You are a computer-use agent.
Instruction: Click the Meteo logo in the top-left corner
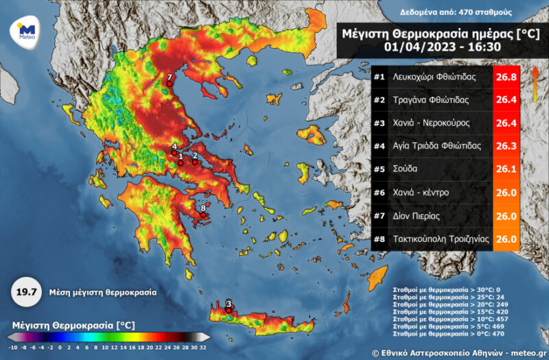pos(27,31)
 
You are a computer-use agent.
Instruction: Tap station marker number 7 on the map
pos(169,84)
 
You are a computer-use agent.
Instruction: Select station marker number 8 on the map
pos(203,215)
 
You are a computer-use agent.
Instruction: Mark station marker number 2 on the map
pos(195,163)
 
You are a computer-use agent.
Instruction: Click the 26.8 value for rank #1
pos(506,77)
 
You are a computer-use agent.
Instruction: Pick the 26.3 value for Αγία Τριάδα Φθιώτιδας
pos(506,146)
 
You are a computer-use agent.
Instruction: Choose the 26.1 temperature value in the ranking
pos(506,169)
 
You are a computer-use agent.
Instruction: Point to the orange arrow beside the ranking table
pos(533,86)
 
